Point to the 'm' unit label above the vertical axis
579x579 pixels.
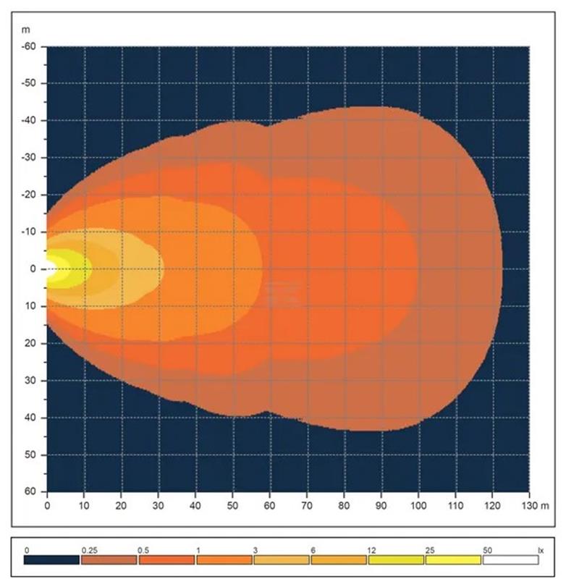[26, 30]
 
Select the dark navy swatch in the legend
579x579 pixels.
[51, 559]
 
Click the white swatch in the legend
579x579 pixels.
[511, 559]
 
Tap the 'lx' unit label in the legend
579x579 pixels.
[540, 551]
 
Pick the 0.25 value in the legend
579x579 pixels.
[89, 551]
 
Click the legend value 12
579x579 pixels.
[371, 551]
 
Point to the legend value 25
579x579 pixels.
[430, 551]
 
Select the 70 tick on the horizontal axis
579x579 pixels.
[307, 504]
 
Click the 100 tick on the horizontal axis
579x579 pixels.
[418, 504]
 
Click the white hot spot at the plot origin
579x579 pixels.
[50, 269]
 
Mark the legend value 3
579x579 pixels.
[255, 551]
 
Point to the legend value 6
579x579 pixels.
[313, 551]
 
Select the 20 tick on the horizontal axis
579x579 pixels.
[122, 504]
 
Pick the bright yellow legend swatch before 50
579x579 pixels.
[453, 559]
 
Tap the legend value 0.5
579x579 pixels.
[143, 551]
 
